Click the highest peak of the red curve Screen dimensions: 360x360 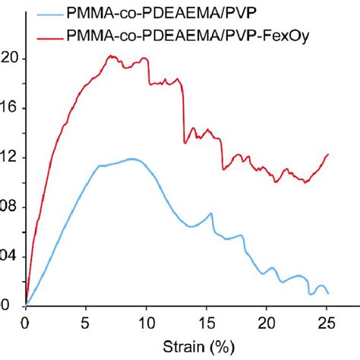point(111,55)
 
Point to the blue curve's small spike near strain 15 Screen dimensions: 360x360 point(210,213)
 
